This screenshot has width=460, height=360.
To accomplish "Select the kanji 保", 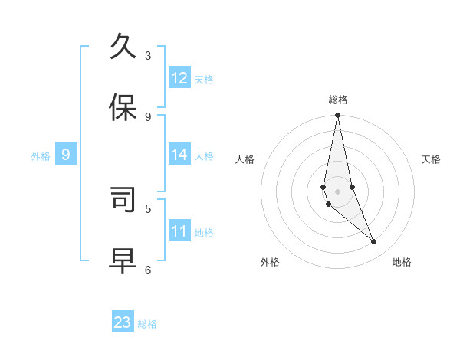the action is tap(123, 107).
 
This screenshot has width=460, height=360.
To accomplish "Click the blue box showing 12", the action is tap(179, 78).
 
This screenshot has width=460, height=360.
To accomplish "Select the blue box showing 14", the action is tap(179, 155).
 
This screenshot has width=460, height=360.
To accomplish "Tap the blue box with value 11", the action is tap(179, 231).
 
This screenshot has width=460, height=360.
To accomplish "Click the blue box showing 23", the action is tap(123, 322).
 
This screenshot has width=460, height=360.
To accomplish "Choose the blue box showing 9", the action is tap(66, 155).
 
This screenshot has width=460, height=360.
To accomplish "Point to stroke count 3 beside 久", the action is tap(148, 55).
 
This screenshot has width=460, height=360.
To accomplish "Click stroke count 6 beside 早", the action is tap(148, 270).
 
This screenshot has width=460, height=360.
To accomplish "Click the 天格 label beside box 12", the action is tap(204, 80).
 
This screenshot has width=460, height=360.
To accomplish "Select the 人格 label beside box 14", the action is tap(204, 156).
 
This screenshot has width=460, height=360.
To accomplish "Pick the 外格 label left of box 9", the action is tap(41, 156).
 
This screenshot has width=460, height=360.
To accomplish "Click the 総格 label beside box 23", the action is tap(147, 324).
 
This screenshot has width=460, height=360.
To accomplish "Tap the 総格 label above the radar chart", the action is tap(338, 100).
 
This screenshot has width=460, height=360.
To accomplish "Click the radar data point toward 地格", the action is tap(374, 242).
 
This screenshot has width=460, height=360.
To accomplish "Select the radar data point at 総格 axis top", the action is tap(337, 116).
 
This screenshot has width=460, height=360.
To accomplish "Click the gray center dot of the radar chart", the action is tap(337, 191).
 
